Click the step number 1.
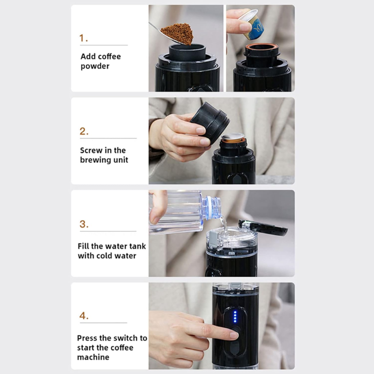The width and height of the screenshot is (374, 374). click(x=84, y=38)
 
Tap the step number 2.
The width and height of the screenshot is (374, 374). click(x=84, y=131)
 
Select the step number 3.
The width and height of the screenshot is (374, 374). click(x=84, y=224)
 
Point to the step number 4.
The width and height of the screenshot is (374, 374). click(x=84, y=316)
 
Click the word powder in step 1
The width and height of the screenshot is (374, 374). click(x=95, y=66)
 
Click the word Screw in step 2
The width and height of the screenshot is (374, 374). click(x=90, y=150)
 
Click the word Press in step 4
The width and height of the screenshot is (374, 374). click(x=87, y=338)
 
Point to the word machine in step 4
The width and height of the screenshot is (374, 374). click(x=93, y=357)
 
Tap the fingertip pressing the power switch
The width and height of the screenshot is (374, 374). click(x=232, y=335)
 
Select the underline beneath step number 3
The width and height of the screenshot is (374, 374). click(x=108, y=231)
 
